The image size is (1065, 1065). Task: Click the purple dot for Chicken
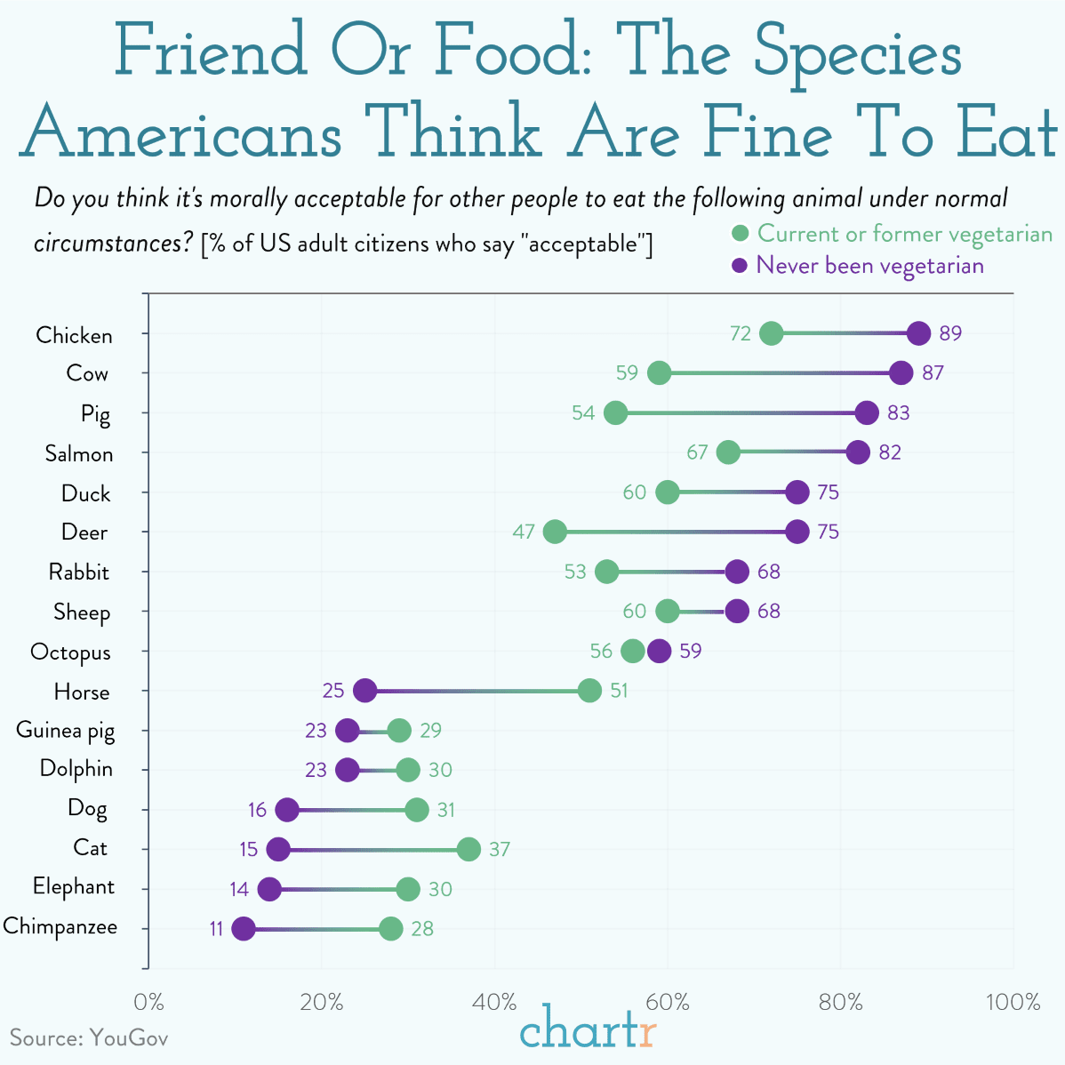919,333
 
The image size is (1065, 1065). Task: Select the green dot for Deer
555,532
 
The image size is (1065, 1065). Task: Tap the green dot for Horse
589,691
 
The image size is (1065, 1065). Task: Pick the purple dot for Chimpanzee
243,929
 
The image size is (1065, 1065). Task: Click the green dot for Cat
468,849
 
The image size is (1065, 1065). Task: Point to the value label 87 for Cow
933,372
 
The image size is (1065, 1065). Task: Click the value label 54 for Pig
583,412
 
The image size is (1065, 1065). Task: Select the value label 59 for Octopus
690,651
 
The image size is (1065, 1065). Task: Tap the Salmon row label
79,453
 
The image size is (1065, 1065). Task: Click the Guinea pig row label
66,731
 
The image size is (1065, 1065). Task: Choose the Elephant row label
74,887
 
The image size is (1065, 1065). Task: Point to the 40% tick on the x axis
495,1002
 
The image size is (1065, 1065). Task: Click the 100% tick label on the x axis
1013,1002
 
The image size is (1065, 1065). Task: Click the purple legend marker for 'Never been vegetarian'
739,266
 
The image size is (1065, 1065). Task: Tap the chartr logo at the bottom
588,1030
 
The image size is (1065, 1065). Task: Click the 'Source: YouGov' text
89,1037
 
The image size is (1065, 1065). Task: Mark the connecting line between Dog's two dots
352,810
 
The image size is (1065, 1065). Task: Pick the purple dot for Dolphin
347,770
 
